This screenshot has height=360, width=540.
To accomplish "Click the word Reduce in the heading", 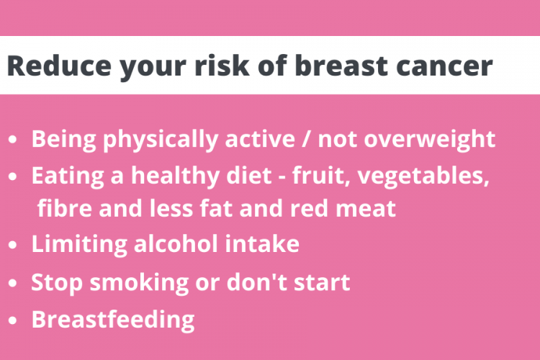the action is coord(59,66).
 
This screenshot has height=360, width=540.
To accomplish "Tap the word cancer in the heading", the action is coord(445,66).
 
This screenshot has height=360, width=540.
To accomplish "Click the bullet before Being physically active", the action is coord(13,140).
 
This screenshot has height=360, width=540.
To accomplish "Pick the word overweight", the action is coord(429,140).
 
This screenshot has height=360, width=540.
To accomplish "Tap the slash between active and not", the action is coord(305,140).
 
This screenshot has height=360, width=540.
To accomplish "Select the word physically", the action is coord(161,140).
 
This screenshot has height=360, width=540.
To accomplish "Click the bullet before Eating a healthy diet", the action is coord(13,176).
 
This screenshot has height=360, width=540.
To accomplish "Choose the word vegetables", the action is coord(423,176).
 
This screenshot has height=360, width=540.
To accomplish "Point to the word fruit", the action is coord(321,176).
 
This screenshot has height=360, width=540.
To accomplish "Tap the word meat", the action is coord(366,209).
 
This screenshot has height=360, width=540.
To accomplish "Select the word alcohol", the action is coord(176,243).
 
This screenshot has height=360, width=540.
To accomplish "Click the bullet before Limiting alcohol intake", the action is coord(13,245).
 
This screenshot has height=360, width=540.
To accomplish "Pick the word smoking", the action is coord(139,282).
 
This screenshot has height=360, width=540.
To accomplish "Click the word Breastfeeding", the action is coord(113,320).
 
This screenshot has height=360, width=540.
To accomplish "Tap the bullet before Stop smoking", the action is coord(13,283).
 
